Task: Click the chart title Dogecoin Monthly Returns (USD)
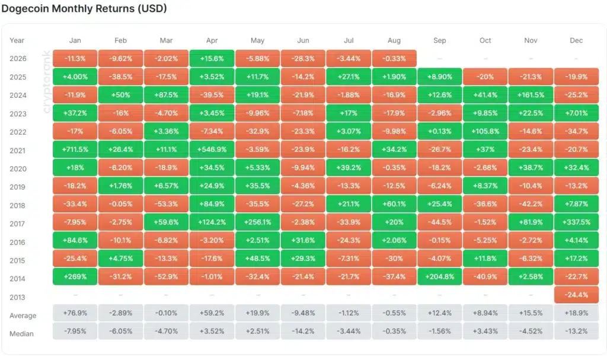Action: (84, 8)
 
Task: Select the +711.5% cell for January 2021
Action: (75, 149)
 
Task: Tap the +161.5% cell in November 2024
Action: (531, 95)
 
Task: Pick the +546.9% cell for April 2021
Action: (212, 149)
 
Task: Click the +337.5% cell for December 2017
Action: (576, 222)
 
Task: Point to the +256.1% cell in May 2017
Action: (257, 222)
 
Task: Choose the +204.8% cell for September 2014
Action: (440, 277)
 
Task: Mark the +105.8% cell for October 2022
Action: (485, 131)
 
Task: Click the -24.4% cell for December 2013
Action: (576, 295)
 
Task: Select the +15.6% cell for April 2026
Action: (212, 59)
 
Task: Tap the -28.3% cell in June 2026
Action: (303, 59)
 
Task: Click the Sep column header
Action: (440, 40)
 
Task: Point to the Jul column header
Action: (349, 40)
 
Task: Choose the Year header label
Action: (17, 40)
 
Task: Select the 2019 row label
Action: (18, 187)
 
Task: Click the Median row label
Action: (21, 334)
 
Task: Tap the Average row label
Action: (23, 316)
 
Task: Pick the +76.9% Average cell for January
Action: (75, 313)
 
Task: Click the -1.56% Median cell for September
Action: (440, 332)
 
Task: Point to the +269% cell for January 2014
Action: (75, 277)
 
